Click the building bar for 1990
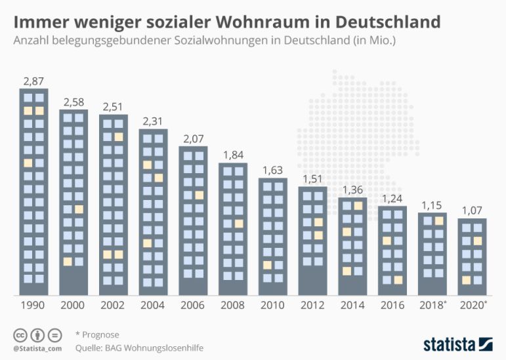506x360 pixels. tap(33, 191)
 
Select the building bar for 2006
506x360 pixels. tap(193, 220)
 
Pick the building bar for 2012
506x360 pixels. tap(312, 241)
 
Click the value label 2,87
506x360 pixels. tap(33, 81)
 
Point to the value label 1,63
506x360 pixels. tap(272, 170)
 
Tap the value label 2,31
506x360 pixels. tap(153, 121)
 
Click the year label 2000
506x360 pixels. tap(73, 306)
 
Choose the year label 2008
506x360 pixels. tap(233, 306)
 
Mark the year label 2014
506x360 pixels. tap(352, 306)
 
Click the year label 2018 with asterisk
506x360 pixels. tap(434, 306)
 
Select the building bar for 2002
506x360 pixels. tap(114, 205)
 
